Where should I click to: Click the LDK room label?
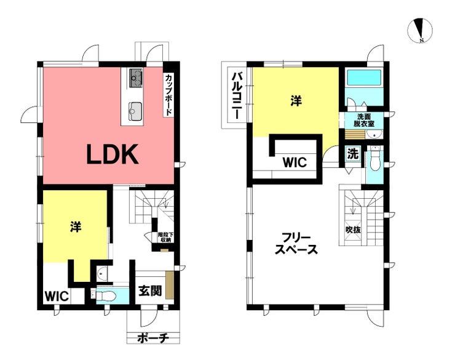[113, 154]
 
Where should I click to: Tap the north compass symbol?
[420, 30]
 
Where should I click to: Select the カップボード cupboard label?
[168, 95]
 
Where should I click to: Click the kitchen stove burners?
[135, 78]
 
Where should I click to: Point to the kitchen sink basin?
[135, 111]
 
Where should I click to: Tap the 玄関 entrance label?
[150, 290]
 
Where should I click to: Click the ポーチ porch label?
[153, 338]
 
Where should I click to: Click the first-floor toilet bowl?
[106, 296]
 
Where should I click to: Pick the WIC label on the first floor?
[57, 297]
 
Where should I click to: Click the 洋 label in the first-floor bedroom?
[76, 226]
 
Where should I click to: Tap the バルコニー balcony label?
[235, 96]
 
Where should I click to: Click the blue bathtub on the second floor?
[364, 78]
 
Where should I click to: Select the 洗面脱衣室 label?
[364, 120]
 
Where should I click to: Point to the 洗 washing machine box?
[353, 154]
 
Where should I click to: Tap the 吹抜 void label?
[353, 230]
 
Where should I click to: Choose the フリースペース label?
[296, 244]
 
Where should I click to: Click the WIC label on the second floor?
[295, 162]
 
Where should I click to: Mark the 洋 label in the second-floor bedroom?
[296, 101]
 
